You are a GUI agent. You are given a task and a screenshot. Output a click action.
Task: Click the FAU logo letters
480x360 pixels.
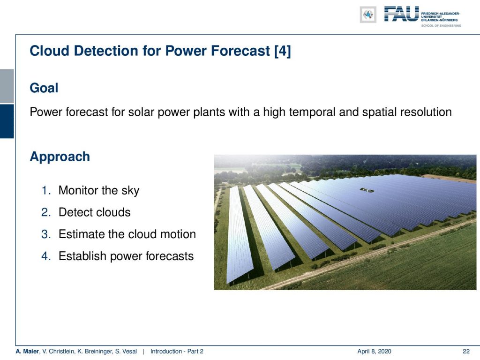(401, 14)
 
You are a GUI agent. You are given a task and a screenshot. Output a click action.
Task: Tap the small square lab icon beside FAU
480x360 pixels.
(368, 15)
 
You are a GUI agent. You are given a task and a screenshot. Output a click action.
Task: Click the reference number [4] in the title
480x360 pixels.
(283, 51)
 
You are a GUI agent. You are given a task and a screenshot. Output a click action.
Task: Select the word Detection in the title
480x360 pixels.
(105, 51)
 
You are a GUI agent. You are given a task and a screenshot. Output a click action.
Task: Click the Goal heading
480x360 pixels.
(44, 88)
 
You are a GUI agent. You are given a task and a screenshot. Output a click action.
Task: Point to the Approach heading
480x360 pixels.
(60, 157)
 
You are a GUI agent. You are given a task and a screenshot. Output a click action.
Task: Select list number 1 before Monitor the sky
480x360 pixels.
(46, 190)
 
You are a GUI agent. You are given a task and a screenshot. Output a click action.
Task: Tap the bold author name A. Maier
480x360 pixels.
(28, 352)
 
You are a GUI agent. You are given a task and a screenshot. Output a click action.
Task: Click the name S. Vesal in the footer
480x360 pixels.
(126, 352)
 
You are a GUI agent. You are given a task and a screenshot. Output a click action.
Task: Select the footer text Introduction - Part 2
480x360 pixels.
(177, 352)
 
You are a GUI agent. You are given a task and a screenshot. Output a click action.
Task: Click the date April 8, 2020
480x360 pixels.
(374, 352)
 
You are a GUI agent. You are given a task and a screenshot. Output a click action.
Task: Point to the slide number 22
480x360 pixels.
(466, 352)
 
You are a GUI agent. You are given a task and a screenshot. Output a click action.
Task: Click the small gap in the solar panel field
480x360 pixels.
(367, 190)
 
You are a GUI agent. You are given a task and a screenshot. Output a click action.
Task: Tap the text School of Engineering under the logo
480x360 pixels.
(441, 26)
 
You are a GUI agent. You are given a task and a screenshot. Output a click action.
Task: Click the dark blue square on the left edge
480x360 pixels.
(7, 121)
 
